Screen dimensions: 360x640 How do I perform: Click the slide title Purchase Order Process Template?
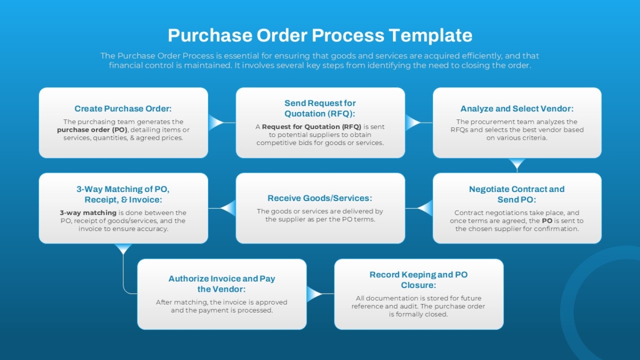pos(320,35)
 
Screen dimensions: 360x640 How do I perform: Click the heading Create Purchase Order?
pos(123,108)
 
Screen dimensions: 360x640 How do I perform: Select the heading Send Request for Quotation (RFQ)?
pos(320,108)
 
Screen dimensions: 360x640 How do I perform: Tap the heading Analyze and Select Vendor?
pos(517,108)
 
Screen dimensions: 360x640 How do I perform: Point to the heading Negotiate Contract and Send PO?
pos(517,194)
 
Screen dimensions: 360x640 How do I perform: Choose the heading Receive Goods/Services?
pos(320,198)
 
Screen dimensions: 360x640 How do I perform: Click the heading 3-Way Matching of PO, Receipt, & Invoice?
pos(123,194)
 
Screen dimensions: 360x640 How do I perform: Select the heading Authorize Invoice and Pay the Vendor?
pos(222,284)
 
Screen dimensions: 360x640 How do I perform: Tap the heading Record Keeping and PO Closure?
pos(419,280)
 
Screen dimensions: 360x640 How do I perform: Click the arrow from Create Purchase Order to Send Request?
pos(216,123)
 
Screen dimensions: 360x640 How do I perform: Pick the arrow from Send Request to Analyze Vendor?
pos(413,123)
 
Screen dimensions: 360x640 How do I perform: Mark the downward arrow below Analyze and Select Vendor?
pos(517,164)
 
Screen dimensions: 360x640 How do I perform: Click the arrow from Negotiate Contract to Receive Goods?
pos(425,208)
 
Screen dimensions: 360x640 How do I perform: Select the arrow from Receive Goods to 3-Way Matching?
pos(228,208)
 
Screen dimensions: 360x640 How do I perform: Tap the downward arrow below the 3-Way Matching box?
pos(123,249)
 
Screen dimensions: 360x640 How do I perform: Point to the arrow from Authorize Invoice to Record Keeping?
pos(315,294)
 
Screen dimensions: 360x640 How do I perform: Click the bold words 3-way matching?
pos(88,212)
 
